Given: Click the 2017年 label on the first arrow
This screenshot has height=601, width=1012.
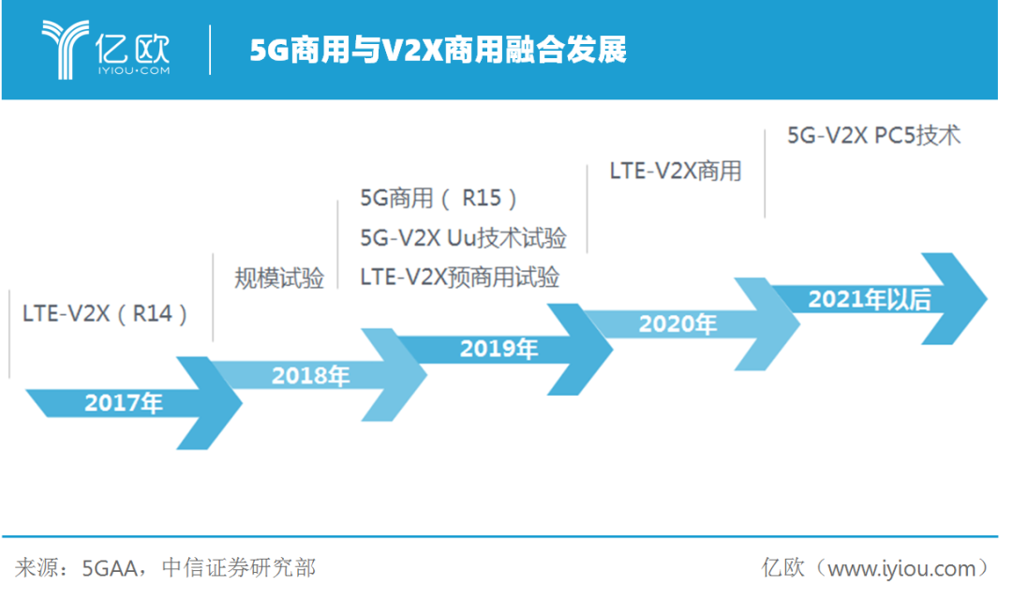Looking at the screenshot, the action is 124,403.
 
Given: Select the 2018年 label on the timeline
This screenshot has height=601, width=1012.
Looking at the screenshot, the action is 310,376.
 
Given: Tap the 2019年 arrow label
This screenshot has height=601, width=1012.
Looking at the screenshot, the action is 499,349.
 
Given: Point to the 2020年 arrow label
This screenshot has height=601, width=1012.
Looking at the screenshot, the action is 677,324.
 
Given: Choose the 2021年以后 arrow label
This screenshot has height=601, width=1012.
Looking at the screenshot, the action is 870,299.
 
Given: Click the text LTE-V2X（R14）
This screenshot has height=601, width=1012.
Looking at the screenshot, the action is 106,313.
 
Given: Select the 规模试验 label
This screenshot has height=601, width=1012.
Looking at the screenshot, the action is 278,278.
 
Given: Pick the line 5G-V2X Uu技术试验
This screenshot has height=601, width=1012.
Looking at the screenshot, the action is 463,237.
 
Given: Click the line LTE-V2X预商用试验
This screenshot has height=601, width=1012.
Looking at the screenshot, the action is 459,278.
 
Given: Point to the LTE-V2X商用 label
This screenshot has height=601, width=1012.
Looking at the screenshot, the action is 675,171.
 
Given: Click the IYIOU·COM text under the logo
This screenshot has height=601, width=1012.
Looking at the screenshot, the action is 133,70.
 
